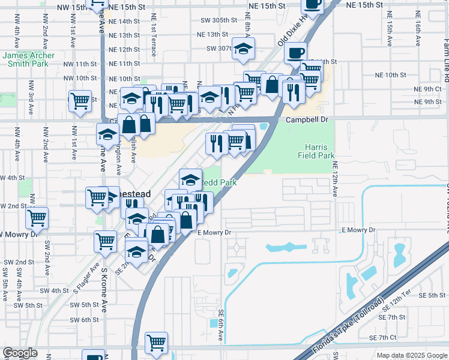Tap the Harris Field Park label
point(315,151)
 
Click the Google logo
point(19,353)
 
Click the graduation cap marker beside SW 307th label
point(243,47)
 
